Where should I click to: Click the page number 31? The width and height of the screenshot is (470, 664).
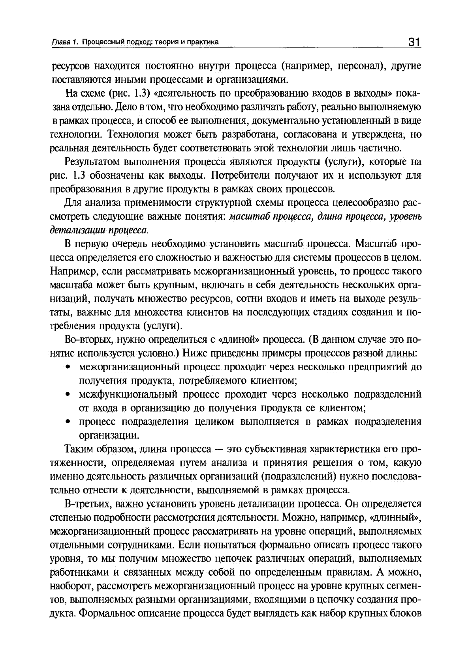coord(413,42)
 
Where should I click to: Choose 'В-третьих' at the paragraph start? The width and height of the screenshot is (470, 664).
coord(82,504)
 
